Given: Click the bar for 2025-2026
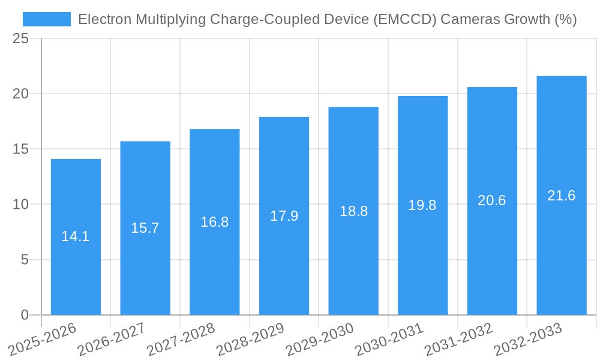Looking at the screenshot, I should coord(76,237).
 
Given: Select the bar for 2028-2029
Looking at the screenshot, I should coord(284,216).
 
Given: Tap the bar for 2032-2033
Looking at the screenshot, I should coord(561,196).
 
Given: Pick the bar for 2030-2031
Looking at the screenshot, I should coord(422,205).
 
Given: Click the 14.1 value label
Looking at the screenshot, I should coord(76,236).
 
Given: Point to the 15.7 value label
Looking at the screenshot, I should coord(145,228).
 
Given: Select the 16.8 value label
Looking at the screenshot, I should coord(214,222).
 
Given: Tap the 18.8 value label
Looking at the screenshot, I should coord(353,211).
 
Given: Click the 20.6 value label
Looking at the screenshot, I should coord(492,201).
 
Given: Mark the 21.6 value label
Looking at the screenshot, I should coord(561,196).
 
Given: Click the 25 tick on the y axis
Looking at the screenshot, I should coord(20,39).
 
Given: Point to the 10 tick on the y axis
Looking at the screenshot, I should coord(20,205).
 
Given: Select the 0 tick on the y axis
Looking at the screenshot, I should coord(25,315).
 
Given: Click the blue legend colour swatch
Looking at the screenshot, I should coord(46,19).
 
